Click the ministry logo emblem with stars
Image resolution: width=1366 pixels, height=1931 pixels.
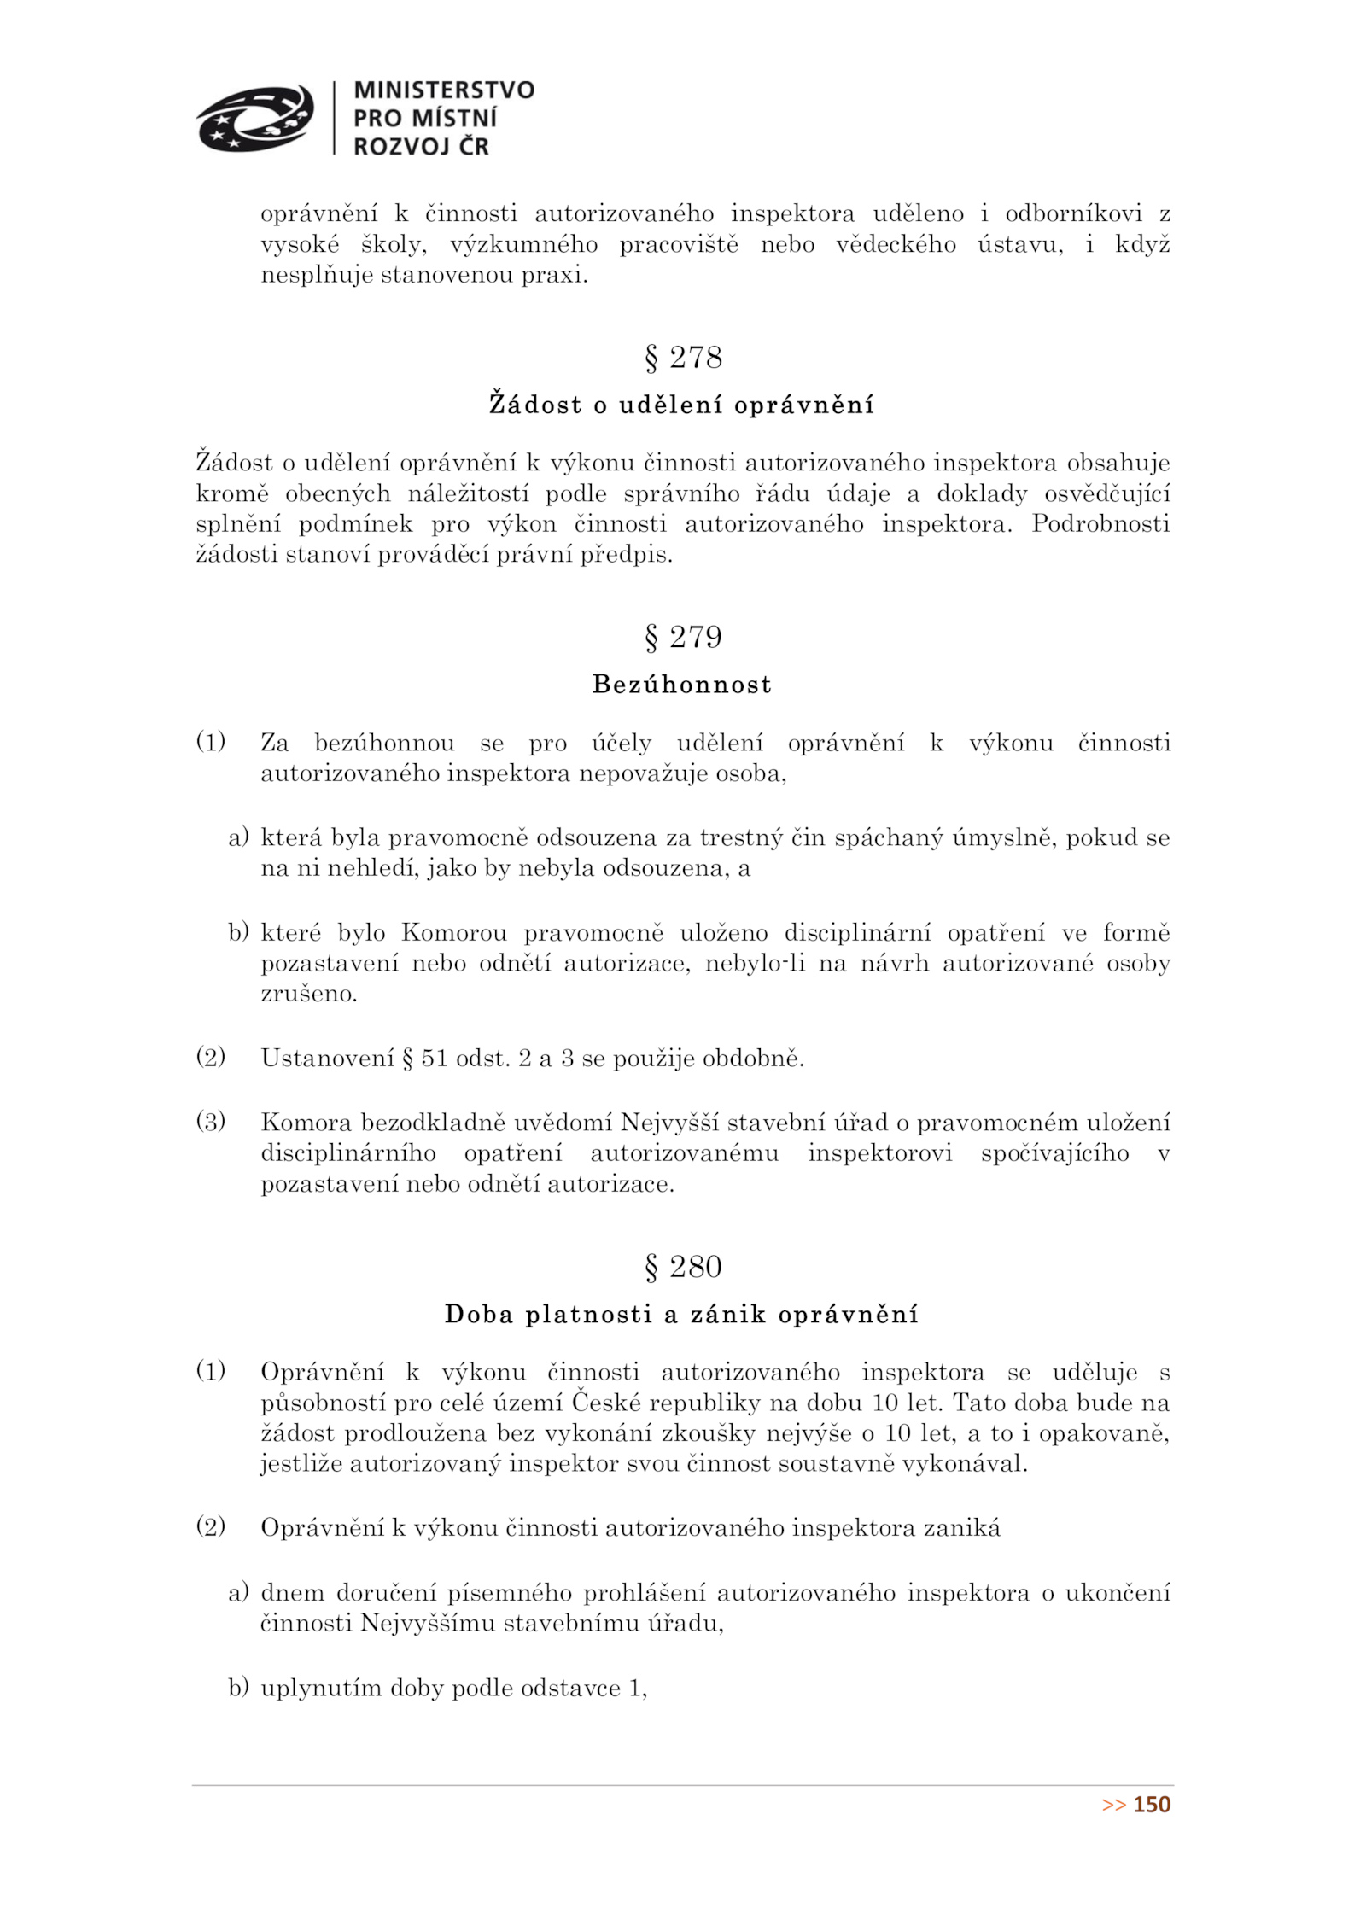click(254, 118)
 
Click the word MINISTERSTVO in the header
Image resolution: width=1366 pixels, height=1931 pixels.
click(443, 90)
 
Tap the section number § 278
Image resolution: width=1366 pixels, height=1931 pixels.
click(682, 357)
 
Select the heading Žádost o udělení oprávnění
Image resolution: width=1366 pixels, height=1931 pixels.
click(681, 404)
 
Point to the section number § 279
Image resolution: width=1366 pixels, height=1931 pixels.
click(682, 637)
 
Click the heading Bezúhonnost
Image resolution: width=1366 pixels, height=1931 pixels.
click(681, 684)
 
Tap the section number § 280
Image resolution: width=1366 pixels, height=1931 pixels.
click(682, 1266)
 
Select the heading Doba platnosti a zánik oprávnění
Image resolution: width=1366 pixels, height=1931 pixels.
click(681, 1314)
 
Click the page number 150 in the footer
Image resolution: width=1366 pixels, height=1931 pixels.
click(1152, 1804)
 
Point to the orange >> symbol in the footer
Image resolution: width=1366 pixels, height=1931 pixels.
click(1113, 1805)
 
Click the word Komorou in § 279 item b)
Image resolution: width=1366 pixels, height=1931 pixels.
click(453, 932)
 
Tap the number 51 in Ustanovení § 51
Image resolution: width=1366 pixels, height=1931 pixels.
click(435, 1059)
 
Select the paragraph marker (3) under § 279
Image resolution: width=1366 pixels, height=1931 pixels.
click(211, 1121)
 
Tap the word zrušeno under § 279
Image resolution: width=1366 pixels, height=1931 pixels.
click(308, 994)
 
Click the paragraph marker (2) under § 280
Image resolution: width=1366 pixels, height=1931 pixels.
click(211, 1526)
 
